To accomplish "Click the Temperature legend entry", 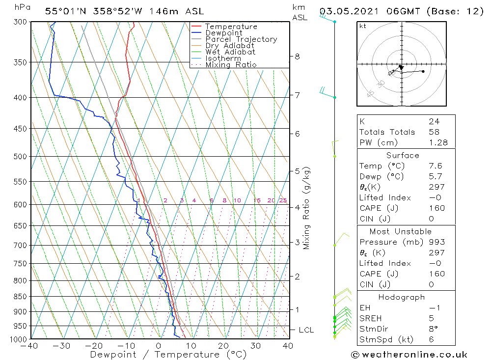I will click(x=231, y=27).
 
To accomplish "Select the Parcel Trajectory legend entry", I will click(x=241, y=39).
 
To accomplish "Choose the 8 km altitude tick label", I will click(x=298, y=56).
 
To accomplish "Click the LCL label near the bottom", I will click(x=306, y=330).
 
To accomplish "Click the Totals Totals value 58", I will click(x=434, y=132).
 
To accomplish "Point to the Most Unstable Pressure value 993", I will click(x=436, y=242).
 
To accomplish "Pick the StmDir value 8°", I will click(x=433, y=329).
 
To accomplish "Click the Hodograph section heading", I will click(x=402, y=297).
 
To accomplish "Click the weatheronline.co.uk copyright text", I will click(x=409, y=355).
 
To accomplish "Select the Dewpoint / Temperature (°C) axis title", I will click(x=168, y=355).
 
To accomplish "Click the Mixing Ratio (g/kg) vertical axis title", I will click(x=307, y=208).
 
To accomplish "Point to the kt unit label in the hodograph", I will click(x=362, y=26).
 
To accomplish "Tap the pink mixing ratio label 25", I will click(x=283, y=200).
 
